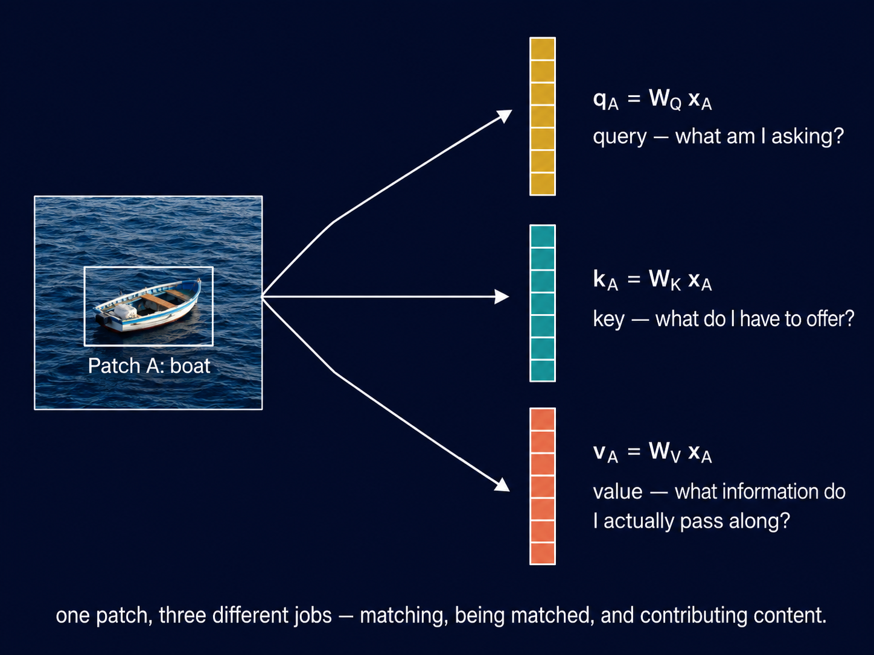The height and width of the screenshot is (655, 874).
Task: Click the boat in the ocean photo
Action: pos(147,305)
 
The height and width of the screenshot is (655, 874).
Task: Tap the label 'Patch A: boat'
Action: pos(149,366)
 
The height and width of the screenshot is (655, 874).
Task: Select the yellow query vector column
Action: pos(542,116)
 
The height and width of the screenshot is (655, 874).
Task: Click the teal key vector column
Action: pos(542,303)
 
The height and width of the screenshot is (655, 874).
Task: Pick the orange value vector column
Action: pos(542,486)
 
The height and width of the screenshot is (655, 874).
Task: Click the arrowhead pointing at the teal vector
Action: pos(502,297)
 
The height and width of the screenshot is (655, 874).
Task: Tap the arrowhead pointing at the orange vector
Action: pos(503,485)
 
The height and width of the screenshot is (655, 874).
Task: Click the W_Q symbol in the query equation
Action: pos(665,100)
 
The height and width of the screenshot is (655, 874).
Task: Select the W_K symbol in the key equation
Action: pos(665,280)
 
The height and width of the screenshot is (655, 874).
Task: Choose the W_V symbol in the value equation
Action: pos(665,452)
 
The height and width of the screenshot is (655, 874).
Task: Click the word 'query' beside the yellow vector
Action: pos(619,138)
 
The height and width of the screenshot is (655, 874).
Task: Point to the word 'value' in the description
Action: pos(617,492)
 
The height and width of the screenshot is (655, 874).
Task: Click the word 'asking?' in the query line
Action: pos(808,137)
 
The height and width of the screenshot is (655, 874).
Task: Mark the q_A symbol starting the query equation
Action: pos(605,101)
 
